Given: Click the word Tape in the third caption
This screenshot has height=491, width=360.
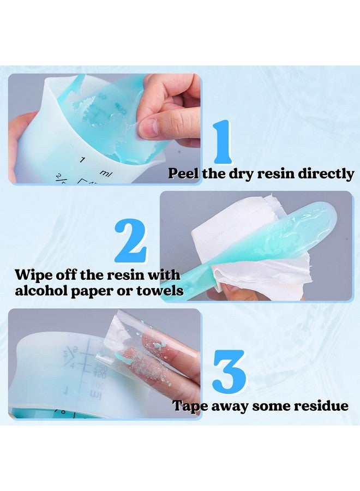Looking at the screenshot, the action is click(190, 406).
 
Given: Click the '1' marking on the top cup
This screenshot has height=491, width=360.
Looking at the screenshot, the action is click(82, 159).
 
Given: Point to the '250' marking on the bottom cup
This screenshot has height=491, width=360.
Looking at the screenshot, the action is click(100, 367).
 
